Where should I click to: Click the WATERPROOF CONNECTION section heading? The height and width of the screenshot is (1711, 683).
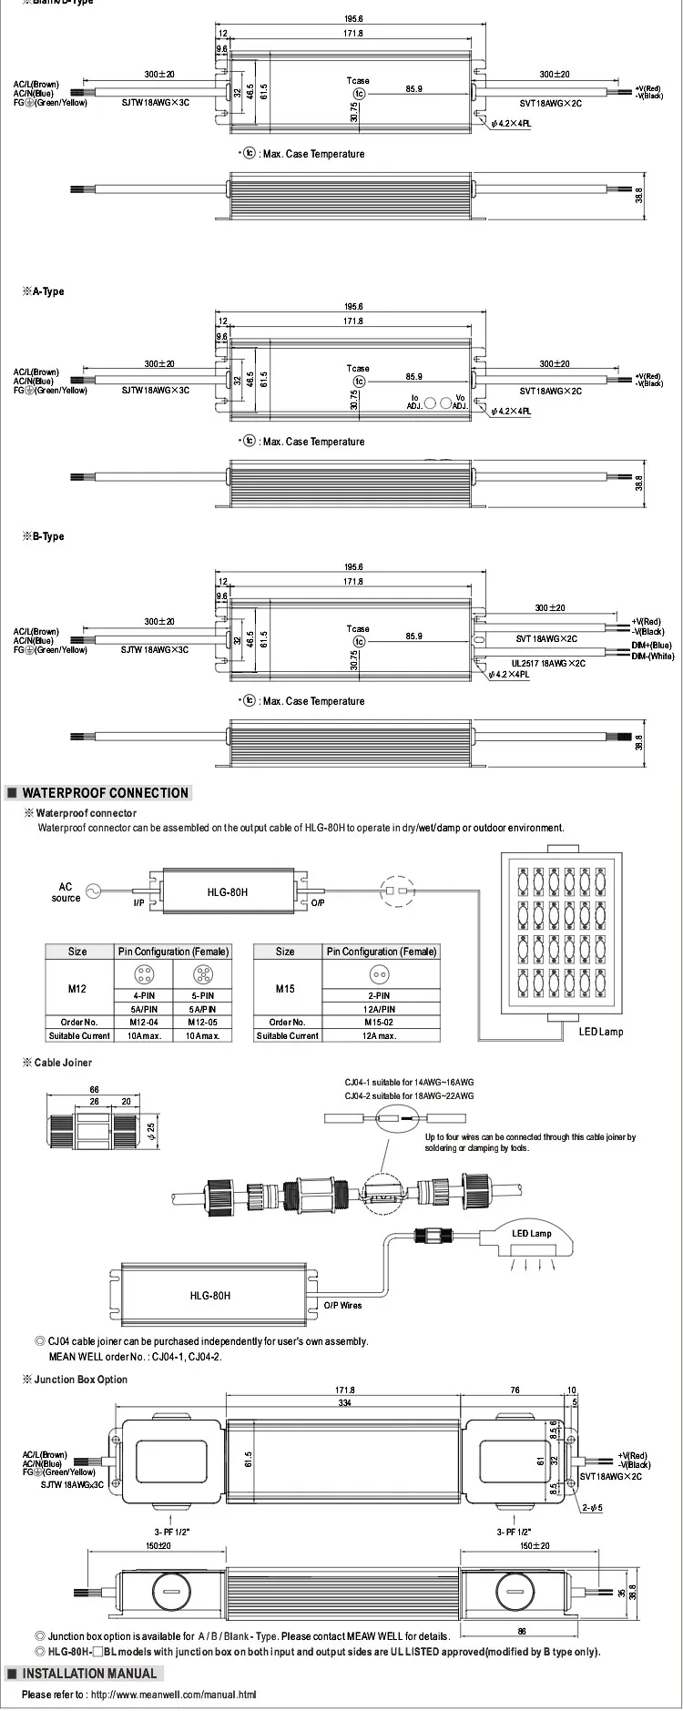[x=105, y=793]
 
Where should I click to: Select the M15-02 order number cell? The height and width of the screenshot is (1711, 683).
[x=382, y=1022]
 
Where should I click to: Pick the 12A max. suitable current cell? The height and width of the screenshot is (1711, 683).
[x=382, y=1035]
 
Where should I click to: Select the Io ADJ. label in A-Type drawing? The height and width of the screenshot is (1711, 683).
[x=414, y=402]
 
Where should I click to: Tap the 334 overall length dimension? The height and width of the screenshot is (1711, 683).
[x=347, y=1403]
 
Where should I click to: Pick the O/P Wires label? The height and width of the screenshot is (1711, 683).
[x=343, y=1305]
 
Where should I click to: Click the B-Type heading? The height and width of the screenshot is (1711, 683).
[x=48, y=536]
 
